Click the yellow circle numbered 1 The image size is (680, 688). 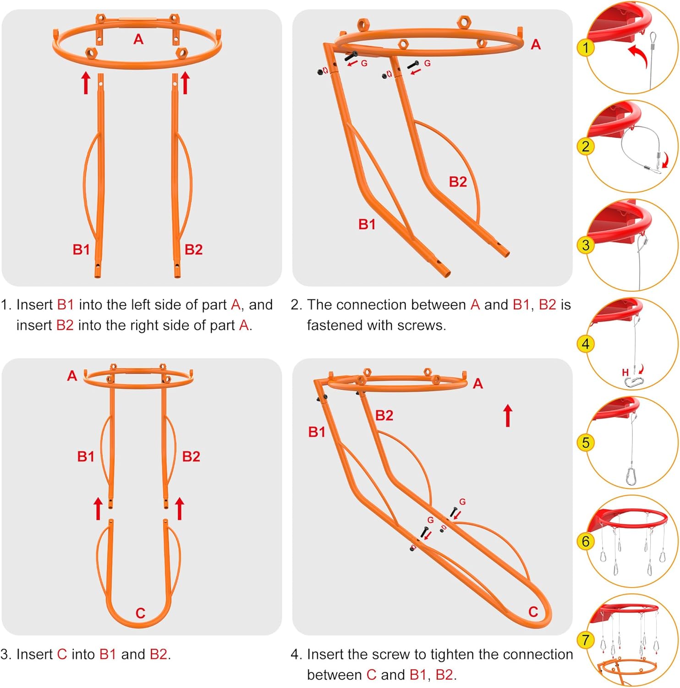585,48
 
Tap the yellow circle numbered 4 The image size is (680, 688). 585,344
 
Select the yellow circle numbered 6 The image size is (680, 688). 585,541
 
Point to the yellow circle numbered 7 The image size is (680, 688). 585,639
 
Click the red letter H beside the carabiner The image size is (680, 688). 625,372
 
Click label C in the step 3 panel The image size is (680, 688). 140,613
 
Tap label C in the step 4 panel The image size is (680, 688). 533,611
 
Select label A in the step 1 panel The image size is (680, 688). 138,39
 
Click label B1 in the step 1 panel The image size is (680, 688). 81,250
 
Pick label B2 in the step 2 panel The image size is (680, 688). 458,182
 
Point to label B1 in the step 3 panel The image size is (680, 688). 86,456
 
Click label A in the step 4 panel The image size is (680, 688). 478,383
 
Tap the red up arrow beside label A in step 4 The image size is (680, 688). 507,415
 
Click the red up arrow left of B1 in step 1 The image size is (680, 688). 86,83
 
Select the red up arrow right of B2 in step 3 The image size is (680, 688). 180,508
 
